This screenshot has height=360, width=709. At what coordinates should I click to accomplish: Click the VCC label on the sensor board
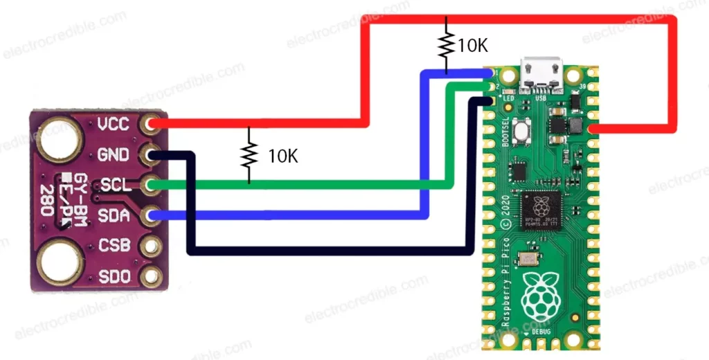tap(114, 125)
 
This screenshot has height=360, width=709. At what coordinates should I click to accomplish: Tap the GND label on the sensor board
tap(113, 154)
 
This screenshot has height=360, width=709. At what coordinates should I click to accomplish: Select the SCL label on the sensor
tap(113, 186)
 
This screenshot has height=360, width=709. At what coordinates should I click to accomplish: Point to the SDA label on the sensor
tap(113, 216)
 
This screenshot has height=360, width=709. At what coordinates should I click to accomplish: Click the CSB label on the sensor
tap(113, 246)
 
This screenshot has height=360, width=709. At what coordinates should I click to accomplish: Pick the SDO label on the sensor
tap(113, 276)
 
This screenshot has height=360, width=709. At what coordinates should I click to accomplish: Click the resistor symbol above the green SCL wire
tap(249, 155)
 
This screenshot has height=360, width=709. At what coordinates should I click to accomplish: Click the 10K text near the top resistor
tap(473, 46)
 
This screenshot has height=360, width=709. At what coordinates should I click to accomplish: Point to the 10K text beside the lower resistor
tap(282, 156)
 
